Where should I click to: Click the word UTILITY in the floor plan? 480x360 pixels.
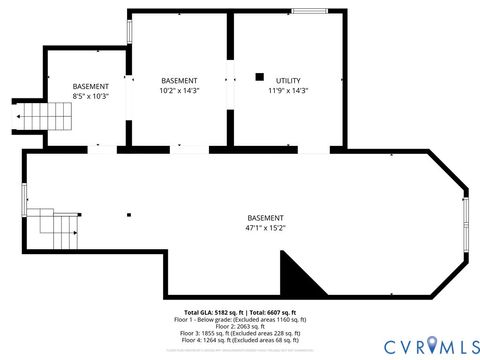(288, 81)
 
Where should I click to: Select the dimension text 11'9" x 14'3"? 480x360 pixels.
(288, 91)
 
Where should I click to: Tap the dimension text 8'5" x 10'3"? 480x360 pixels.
(90, 96)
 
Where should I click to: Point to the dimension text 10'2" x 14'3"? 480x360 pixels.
(180, 91)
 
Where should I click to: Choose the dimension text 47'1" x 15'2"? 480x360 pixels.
(265, 228)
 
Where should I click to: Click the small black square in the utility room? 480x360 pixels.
(259, 76)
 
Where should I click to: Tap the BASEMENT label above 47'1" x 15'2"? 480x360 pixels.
(265, 218)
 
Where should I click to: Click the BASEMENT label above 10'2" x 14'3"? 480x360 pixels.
(180, 81)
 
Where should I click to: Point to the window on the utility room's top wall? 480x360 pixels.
(309, 11)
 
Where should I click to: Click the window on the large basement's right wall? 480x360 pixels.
(464, 225)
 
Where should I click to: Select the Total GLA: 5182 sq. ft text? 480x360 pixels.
(208, 313)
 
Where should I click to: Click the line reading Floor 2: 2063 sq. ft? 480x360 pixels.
(240, 326)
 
